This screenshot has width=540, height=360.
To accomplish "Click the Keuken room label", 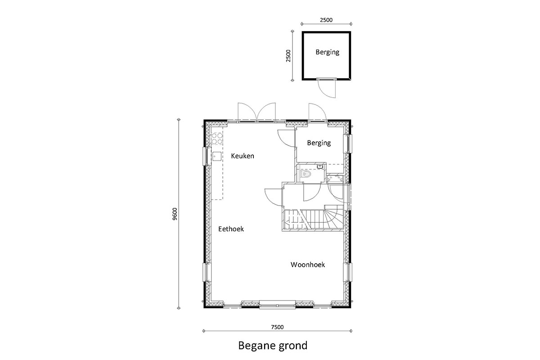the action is tap(243, 156).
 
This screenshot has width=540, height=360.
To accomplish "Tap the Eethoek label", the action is tap(231, 229).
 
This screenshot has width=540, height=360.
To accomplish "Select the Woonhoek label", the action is tap(308, 265).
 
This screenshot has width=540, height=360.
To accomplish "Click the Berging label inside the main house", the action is tap(319, 143).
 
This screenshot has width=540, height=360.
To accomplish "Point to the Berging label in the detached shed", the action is tap(328, 52).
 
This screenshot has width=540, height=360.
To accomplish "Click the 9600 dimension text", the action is tap(175, 214).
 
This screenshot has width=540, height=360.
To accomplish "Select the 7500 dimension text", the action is tap(277, 327).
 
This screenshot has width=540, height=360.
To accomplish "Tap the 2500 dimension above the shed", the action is tap(326, 20).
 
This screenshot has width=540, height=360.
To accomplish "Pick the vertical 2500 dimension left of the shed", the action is tap(288, 56).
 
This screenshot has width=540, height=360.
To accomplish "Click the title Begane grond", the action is tap(273, 346).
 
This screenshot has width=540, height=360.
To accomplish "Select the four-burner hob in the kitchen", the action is tap(217, 139).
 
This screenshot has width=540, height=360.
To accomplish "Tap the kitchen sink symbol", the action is tap(217, 156).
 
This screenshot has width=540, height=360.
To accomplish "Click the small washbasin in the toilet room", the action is tap(320, 166).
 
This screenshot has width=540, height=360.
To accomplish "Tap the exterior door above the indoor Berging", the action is tap(317, 112).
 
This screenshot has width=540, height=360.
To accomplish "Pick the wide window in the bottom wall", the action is tap(277, 305).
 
